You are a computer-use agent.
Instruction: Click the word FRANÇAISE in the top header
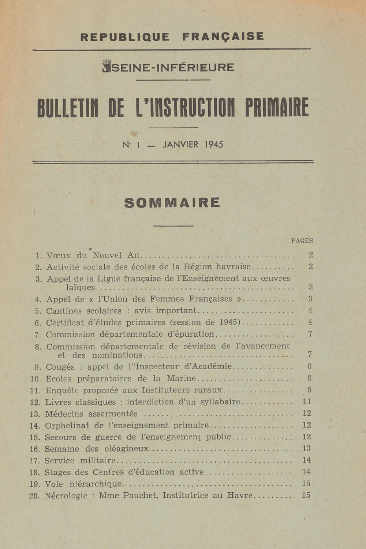point(223,37)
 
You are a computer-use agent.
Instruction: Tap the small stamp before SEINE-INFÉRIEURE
point(107,66)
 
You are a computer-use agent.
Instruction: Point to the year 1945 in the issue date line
point(214,145)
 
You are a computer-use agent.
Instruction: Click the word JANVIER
point(181,145)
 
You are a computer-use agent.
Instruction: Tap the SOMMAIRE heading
point(172,203)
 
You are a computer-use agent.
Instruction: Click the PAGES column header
point(302,241)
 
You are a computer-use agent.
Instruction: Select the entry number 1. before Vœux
point(39,255)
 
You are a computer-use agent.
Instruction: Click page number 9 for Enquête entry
point(309,390)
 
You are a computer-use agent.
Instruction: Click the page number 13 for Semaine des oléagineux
point(306,448)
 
